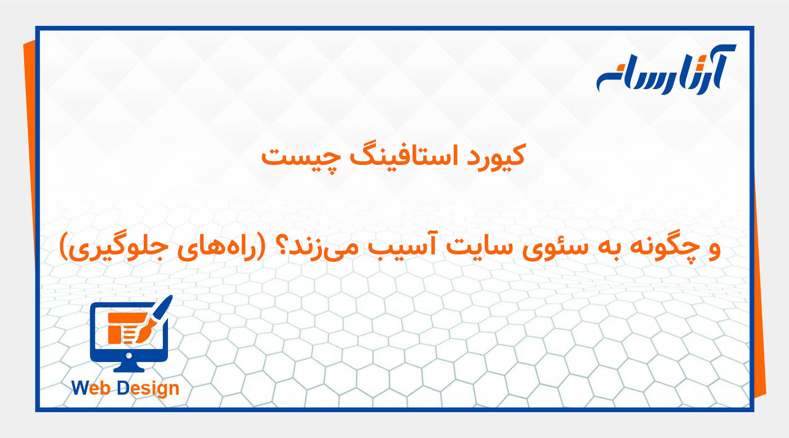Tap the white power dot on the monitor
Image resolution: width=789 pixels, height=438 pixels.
(129, 356)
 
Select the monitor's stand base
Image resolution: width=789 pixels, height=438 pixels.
(129, 368)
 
